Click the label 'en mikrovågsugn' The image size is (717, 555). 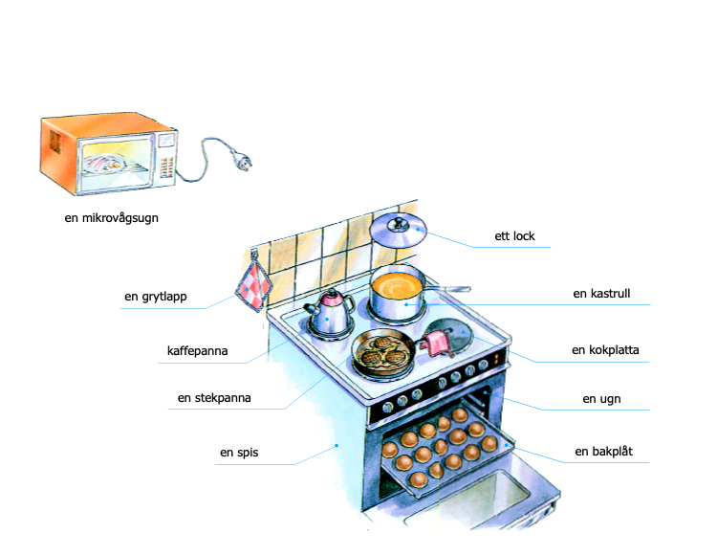click(111, 218)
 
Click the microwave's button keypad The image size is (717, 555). click(166, 167)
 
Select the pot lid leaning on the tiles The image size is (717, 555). click(398, 231)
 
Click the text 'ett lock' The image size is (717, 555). click(514, 236)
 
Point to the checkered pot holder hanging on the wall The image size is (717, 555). click(253, 286)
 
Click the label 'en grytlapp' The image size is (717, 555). click(156, 297)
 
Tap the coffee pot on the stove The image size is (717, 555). click(330, 313)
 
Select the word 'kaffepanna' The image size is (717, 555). click(197, 351)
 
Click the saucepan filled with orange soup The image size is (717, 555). click(397, 293)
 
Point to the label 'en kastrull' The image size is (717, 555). click(601, 293)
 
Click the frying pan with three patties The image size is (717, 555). click(383, 351)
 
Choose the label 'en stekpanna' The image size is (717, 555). click(214, 398)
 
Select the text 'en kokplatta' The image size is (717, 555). click(605, 350)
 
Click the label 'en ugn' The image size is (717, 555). click(601, 399)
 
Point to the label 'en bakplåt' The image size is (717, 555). click(603, 451)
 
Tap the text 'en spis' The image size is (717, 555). click(239, 453)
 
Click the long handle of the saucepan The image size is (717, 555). click(447, 289)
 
